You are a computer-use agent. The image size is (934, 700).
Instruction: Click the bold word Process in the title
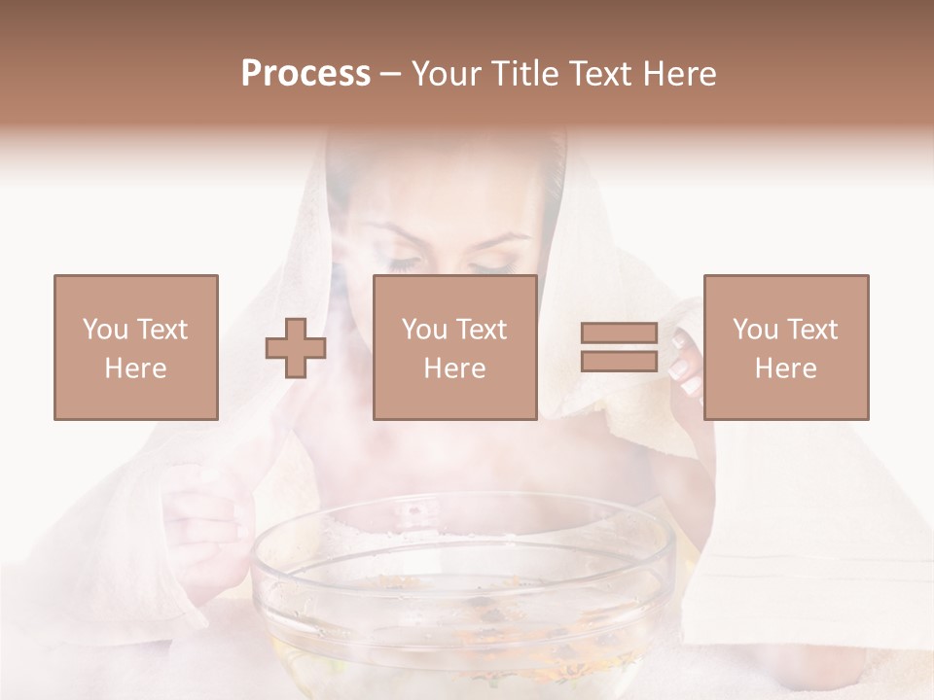(305, 74)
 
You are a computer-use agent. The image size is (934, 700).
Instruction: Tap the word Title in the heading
(526, 74)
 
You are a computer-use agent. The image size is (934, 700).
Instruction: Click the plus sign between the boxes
(296, 347)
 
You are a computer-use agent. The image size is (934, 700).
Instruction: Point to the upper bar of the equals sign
(619, 333)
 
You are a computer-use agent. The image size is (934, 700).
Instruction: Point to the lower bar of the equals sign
(619, 361)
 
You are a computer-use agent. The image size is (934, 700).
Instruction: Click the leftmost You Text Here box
(135, 347)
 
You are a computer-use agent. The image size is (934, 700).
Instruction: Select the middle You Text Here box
(454, 347)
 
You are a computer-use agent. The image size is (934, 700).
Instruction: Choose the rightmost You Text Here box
(785, 347)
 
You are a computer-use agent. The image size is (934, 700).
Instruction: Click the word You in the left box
(104, 329)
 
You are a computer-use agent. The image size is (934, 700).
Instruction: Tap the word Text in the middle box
(481, 329)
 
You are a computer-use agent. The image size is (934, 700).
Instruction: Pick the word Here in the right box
(785, 368)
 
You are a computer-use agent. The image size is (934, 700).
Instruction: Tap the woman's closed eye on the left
(401, 262)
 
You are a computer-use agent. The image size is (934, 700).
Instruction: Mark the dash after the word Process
(391, 74)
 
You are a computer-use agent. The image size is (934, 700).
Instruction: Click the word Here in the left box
(135, 368)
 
